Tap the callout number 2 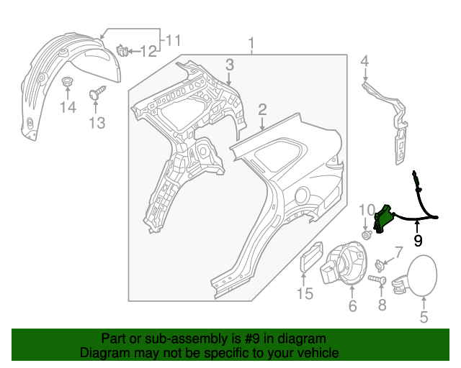click(263, 109)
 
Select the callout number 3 click(229, 65)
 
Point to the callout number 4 click(364, 61)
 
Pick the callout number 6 click(352, 306)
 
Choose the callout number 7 click(398, 252)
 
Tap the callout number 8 click(382, 305)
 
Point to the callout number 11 click(174, 40)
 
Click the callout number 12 click(148, 51)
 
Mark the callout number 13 click(97, 123)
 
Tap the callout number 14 click(67, 107)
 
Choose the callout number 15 click(305, 293)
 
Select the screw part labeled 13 click(96, 93)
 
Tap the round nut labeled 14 click(67, 80)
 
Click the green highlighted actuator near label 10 click(383, 216)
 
